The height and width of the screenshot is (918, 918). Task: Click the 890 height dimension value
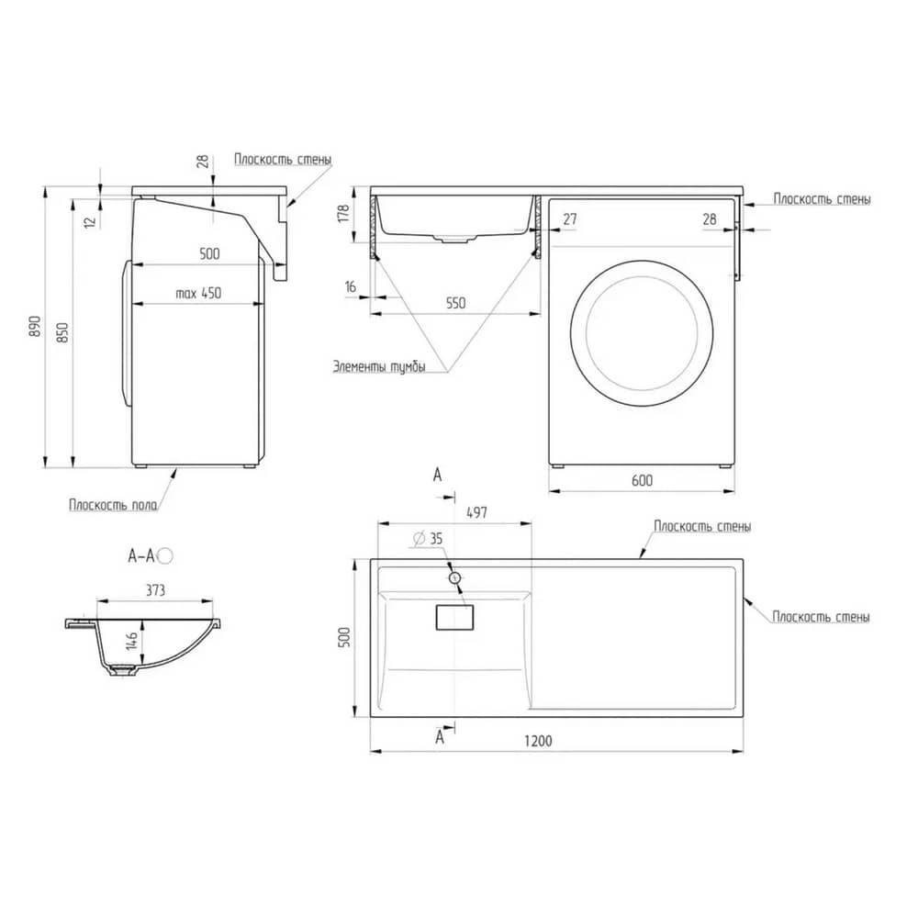tap(35, 326)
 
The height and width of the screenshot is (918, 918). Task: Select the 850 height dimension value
tap(63, 332)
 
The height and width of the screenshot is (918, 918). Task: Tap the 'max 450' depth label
tap(198, 293)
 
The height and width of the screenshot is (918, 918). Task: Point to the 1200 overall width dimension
tap(538, 741)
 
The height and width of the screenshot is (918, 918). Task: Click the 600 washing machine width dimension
tap(643, 481)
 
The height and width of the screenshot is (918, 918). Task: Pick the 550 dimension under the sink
tap(456, 303)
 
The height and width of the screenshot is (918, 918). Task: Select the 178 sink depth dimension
tap(343, 213)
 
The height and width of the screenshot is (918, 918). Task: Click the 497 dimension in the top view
tap(476, 513)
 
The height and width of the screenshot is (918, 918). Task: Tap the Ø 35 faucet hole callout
tap(428, 538)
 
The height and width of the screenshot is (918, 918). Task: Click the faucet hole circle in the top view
tap(455, 578)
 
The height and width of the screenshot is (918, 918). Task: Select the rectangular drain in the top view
tap(455, 618)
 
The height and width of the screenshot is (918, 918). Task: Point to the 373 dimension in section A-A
tap(156, 590)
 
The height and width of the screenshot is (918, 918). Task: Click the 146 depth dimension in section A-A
tap(131, 640)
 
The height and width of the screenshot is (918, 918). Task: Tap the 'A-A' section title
tap(141, 555)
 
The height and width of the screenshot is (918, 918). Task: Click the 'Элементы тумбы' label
tap(379, 367)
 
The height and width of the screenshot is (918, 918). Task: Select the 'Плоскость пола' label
tap(114, 505)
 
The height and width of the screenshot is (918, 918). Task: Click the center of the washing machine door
tap(642, 334)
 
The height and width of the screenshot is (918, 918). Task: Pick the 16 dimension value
tap(350, 286)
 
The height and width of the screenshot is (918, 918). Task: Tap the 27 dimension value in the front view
tap(570, 219)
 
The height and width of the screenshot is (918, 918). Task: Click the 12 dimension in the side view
tap(89, 222)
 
